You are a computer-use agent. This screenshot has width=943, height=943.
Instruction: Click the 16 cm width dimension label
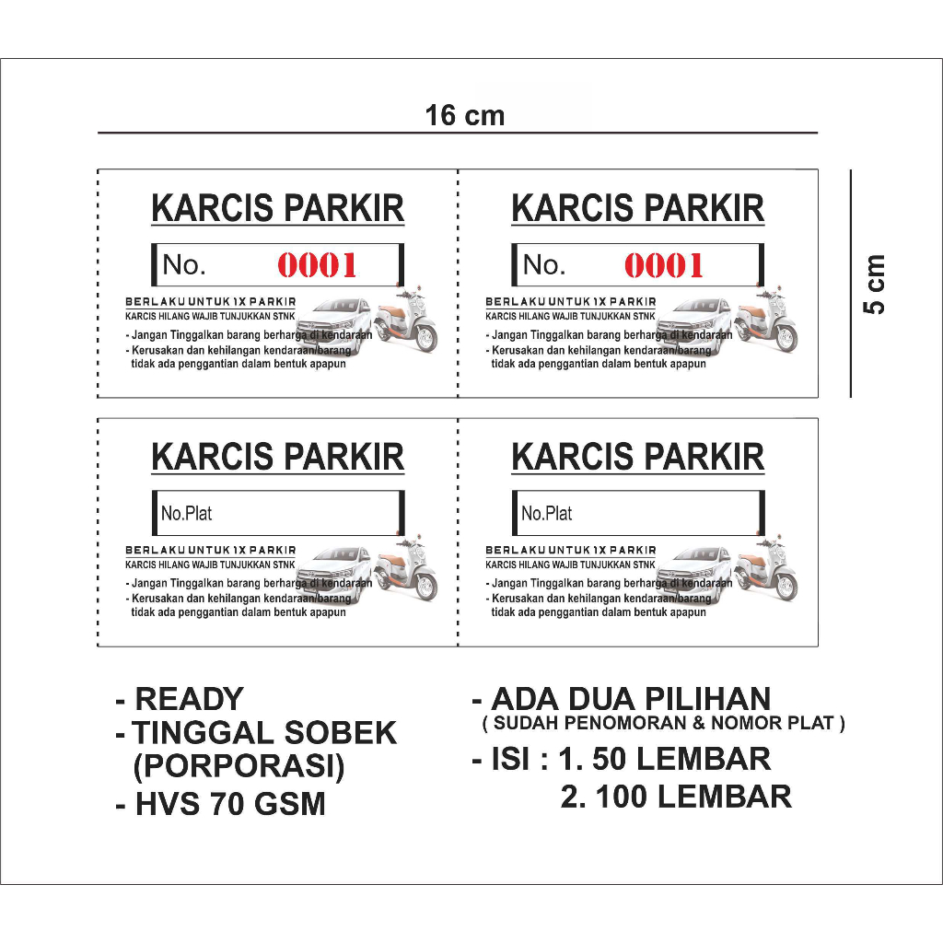(465, 116)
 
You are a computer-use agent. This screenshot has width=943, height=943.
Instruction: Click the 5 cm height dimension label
(875, 284)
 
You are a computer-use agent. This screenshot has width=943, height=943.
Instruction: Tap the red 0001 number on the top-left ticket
(318, 266)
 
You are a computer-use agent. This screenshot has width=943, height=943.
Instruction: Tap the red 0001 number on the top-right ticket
(664, 266)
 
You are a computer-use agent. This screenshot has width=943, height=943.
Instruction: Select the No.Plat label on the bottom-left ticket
(187, 514)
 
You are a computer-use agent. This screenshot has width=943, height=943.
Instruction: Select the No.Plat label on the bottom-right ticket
(547, 514)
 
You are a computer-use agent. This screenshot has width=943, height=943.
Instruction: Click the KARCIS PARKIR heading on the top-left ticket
(277, 208)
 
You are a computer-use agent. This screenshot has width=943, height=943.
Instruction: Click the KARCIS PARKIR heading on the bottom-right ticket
(637, 457)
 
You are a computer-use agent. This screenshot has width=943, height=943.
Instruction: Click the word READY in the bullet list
(189, 699)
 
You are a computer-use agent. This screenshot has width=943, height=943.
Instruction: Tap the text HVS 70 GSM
(230, 803)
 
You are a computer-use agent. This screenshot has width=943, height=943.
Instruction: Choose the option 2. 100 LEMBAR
(675, 796)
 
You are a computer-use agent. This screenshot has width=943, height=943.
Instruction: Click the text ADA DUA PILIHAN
(631, 699)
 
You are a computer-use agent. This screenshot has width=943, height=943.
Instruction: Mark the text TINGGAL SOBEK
(264, 733)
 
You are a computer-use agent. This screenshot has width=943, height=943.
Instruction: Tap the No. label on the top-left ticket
(183, 265)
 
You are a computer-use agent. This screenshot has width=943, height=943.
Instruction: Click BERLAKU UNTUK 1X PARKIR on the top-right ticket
(571, 302)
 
